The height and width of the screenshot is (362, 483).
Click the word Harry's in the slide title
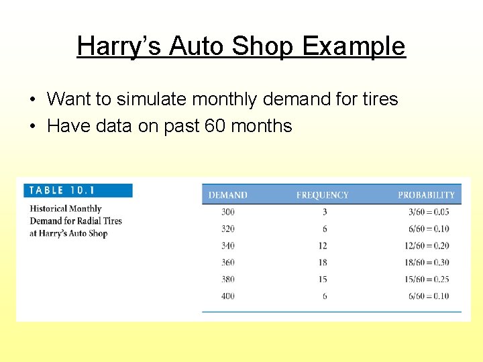click(119, 46)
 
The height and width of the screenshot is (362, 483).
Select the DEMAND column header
click(227, 195)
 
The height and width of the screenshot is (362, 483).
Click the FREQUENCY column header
click(322, 195)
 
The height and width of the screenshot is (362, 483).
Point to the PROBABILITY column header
click(426, 195)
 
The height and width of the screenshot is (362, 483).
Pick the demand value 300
click(227, 212)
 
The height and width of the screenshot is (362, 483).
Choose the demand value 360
click(227, 263)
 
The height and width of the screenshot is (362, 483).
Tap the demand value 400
click(227, 296)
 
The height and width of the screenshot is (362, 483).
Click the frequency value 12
click(323, 246)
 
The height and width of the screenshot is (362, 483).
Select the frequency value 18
click(323, 263)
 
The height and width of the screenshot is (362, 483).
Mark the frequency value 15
click(323, 280)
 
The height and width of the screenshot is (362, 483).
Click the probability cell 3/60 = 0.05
click(428, 212)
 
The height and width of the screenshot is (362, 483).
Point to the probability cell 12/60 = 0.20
click(426, 246)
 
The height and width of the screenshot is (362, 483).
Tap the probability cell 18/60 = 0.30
click(426, 263)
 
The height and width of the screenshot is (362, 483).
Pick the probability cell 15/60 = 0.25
click(426, 280)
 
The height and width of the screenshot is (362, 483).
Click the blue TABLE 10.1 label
click(78, 190)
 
